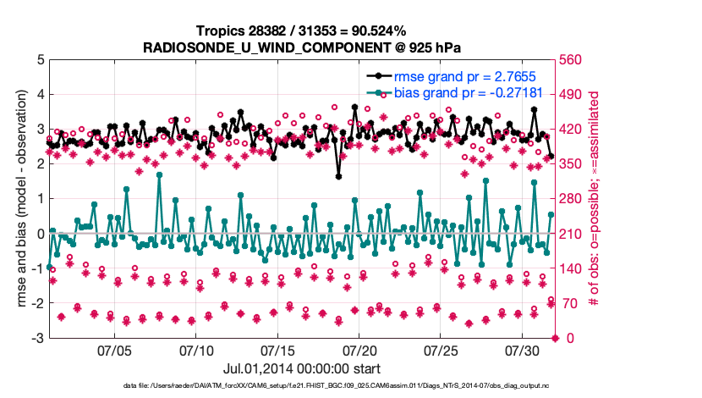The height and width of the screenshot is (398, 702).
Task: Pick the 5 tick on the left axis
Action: click(39, 60)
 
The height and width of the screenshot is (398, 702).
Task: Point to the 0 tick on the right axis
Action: click(562, 339)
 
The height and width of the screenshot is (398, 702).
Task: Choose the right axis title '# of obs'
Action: click(594, 199)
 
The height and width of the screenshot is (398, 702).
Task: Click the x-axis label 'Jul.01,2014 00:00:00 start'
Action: click(301, 369)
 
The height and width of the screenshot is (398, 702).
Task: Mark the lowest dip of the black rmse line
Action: click(338, 176)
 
